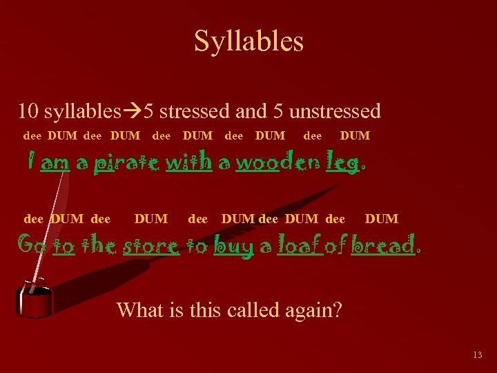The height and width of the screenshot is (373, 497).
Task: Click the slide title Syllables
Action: pyautogui.click(x=248, y=41)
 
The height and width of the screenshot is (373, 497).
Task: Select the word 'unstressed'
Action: pyautogui.click(x=335, y=111)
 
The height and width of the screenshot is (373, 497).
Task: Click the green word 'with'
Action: pyautogui.click(x=188, y=162)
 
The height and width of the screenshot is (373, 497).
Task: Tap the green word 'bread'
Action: pyautogui.click(x=382, y=245)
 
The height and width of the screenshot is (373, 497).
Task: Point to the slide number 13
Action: pyautogui.click(x=477, y=355)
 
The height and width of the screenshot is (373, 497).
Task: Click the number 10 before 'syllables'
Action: pyautogui.click(x=28, y=111)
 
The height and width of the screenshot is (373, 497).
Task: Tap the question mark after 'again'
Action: pyautogui.click(x=338, y=310)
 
